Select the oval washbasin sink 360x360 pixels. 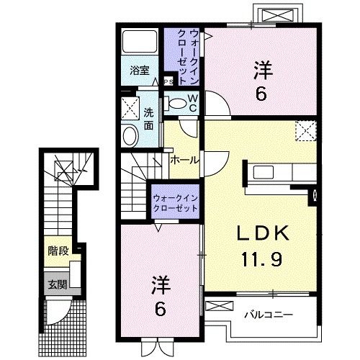pyautogui.click(x=130, y=135)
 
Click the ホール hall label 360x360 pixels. pyautogui.click(x=184, y=160)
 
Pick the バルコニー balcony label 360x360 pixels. pyautogui.click(x=266, y=314)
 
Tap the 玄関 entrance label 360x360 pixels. pyautogui.click(x=58, y=284)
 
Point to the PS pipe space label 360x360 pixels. pyautogui.click(x=168, y=81)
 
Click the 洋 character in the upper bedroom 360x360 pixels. pyautogui.click(x=262, y=71)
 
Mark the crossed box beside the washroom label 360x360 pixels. pyautogui.click(x=131, y=109)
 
